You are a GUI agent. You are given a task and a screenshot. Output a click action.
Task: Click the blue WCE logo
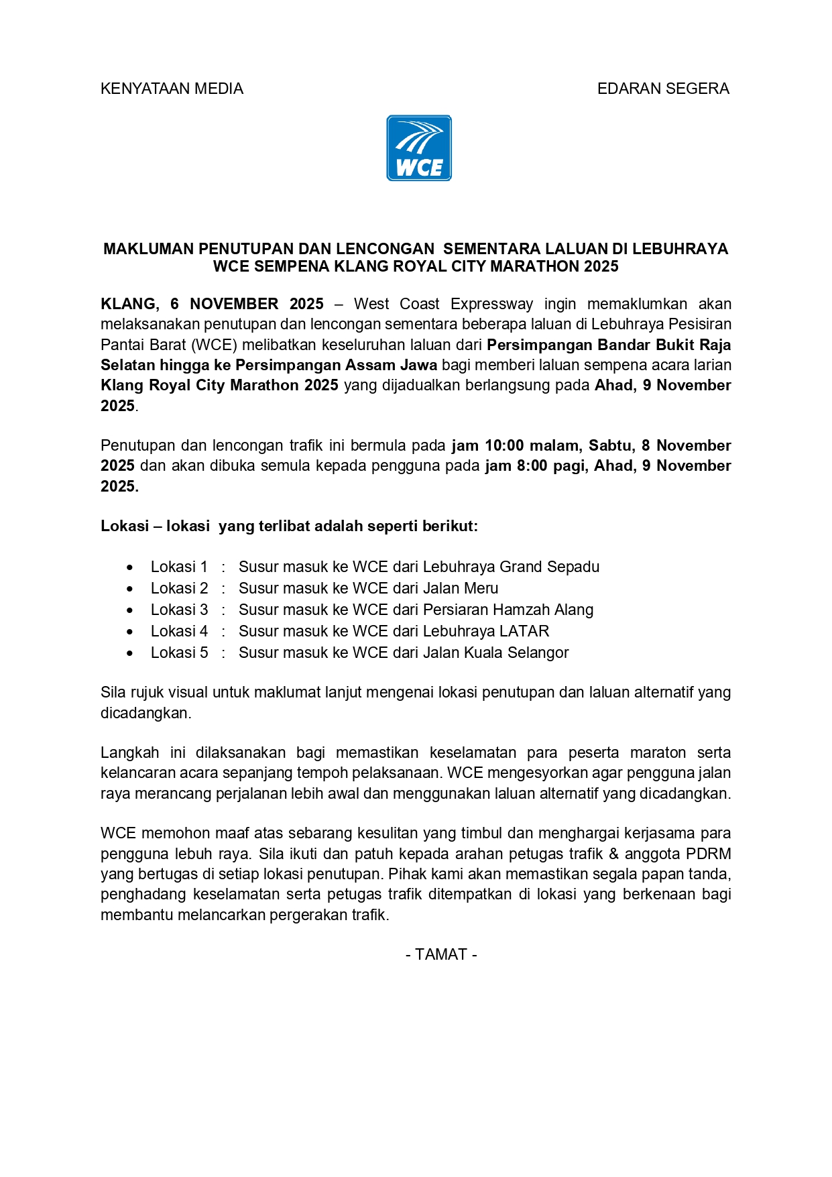pos(419,148)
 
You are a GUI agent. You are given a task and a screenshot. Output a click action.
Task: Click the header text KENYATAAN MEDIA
pos(172,89)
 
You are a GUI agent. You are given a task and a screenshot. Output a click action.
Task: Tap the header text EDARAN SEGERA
pos(662,89)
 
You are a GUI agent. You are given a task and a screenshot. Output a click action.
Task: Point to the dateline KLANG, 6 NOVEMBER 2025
pos(212,304)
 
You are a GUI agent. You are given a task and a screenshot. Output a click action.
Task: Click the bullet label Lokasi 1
pos(179,567)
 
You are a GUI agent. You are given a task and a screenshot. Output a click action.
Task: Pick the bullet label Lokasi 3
pos(179,610)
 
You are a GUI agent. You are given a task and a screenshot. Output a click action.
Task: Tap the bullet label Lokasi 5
pos(179,653)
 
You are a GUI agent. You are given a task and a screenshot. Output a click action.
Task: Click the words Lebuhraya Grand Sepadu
pos(511,567)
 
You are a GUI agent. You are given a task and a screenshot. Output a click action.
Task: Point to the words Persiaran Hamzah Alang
pos(508,610)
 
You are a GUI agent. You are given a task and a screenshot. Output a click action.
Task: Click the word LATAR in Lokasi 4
pos(525,631)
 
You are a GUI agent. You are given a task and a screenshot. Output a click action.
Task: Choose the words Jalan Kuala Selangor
pos(495,653)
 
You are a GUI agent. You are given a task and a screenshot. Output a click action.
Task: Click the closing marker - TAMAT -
pos(441,954)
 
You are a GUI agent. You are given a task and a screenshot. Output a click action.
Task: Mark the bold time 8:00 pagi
pos(549,465)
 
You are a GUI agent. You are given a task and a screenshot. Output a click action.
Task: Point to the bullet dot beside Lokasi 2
pos(130,589)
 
